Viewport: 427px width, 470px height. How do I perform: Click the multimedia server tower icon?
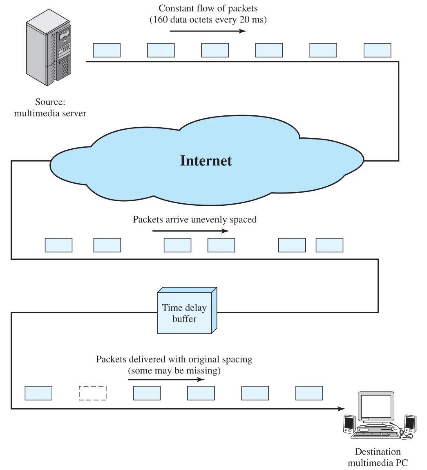[x=49, y=47]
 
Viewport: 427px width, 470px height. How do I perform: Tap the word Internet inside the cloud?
[x=206, y=161]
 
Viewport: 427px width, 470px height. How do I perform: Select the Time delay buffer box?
[x=187, y=310]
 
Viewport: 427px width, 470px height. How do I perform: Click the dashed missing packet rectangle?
[x=92, y=393]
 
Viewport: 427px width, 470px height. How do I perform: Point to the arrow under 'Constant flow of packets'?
[x=208, y=31]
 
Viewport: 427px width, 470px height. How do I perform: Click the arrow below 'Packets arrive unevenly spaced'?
[x=191, y=231]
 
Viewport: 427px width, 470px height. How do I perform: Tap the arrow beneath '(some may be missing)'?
[x=166, y=380]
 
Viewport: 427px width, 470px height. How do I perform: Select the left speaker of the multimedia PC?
[x=349, y=424]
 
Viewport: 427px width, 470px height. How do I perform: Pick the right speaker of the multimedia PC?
[x=410, y=423]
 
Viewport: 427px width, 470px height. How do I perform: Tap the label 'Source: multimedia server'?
[x=50, y=107]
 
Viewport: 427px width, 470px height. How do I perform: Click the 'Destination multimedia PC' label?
[x=378, y=457]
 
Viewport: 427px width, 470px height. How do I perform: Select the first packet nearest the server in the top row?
[x=107, y=50]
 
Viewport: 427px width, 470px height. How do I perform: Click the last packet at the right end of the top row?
[x=377, y=50]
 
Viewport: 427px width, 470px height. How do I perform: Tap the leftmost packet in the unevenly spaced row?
[x=58, y=245]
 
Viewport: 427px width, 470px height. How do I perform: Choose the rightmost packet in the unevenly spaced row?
[x=329, y=245]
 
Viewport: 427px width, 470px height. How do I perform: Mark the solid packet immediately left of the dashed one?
[x=38, y=393]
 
